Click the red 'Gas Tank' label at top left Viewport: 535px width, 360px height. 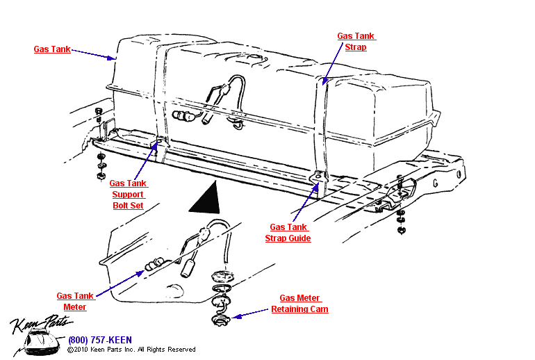tap(52, 49)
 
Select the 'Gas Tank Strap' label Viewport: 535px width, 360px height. tap(355, 42)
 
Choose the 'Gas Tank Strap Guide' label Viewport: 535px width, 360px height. tap(288, 233)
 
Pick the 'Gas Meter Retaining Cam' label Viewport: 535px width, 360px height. tap(299, 304)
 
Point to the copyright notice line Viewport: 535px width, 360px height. tap(131, 350)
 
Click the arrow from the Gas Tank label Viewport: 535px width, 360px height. tap(93, 54)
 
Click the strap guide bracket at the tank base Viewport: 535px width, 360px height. tap(318, 179)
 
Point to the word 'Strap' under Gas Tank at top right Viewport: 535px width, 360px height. tap(355, 47)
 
